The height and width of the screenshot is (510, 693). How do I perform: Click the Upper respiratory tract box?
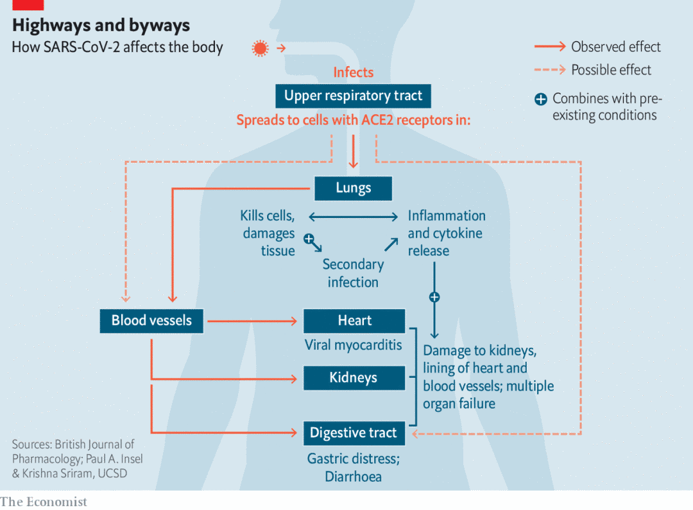click(353, 96)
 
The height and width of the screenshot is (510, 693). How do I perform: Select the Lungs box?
click(353, 188)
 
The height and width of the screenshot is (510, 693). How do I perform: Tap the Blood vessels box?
click(151, 320)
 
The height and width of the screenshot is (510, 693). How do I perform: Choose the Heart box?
click(354, 320)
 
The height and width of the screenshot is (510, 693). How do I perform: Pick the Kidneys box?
click(354, 377)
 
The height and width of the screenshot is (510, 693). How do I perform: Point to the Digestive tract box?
click(354, 432)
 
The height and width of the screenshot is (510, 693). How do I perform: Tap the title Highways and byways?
click(101, 25)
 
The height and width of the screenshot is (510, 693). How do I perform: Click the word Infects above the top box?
click(353, 72)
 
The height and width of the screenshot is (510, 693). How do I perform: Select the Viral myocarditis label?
click(353, 344)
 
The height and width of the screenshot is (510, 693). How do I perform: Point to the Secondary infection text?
click(353, 273)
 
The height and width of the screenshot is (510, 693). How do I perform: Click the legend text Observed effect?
click(615, 47)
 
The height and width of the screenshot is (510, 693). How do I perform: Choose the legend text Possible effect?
click(611, 70)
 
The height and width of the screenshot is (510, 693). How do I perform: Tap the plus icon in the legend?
click(541, 99)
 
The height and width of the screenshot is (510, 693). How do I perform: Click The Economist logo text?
click(44, 502)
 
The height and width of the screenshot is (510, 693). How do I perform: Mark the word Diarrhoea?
click(353, 477)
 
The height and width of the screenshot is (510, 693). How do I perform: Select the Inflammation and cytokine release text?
click(446, 233)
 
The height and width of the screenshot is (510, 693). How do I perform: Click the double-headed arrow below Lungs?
click(354, 217)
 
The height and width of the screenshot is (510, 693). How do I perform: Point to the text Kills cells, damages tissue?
click(268, 233)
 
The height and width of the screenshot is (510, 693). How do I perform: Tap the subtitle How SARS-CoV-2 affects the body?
click(117, 47)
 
